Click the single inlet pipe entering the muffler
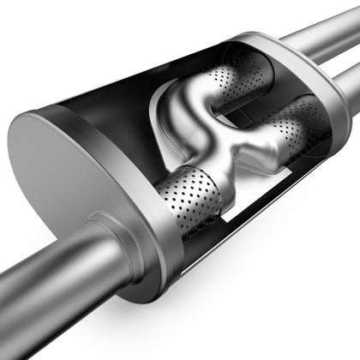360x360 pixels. point(51,283)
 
